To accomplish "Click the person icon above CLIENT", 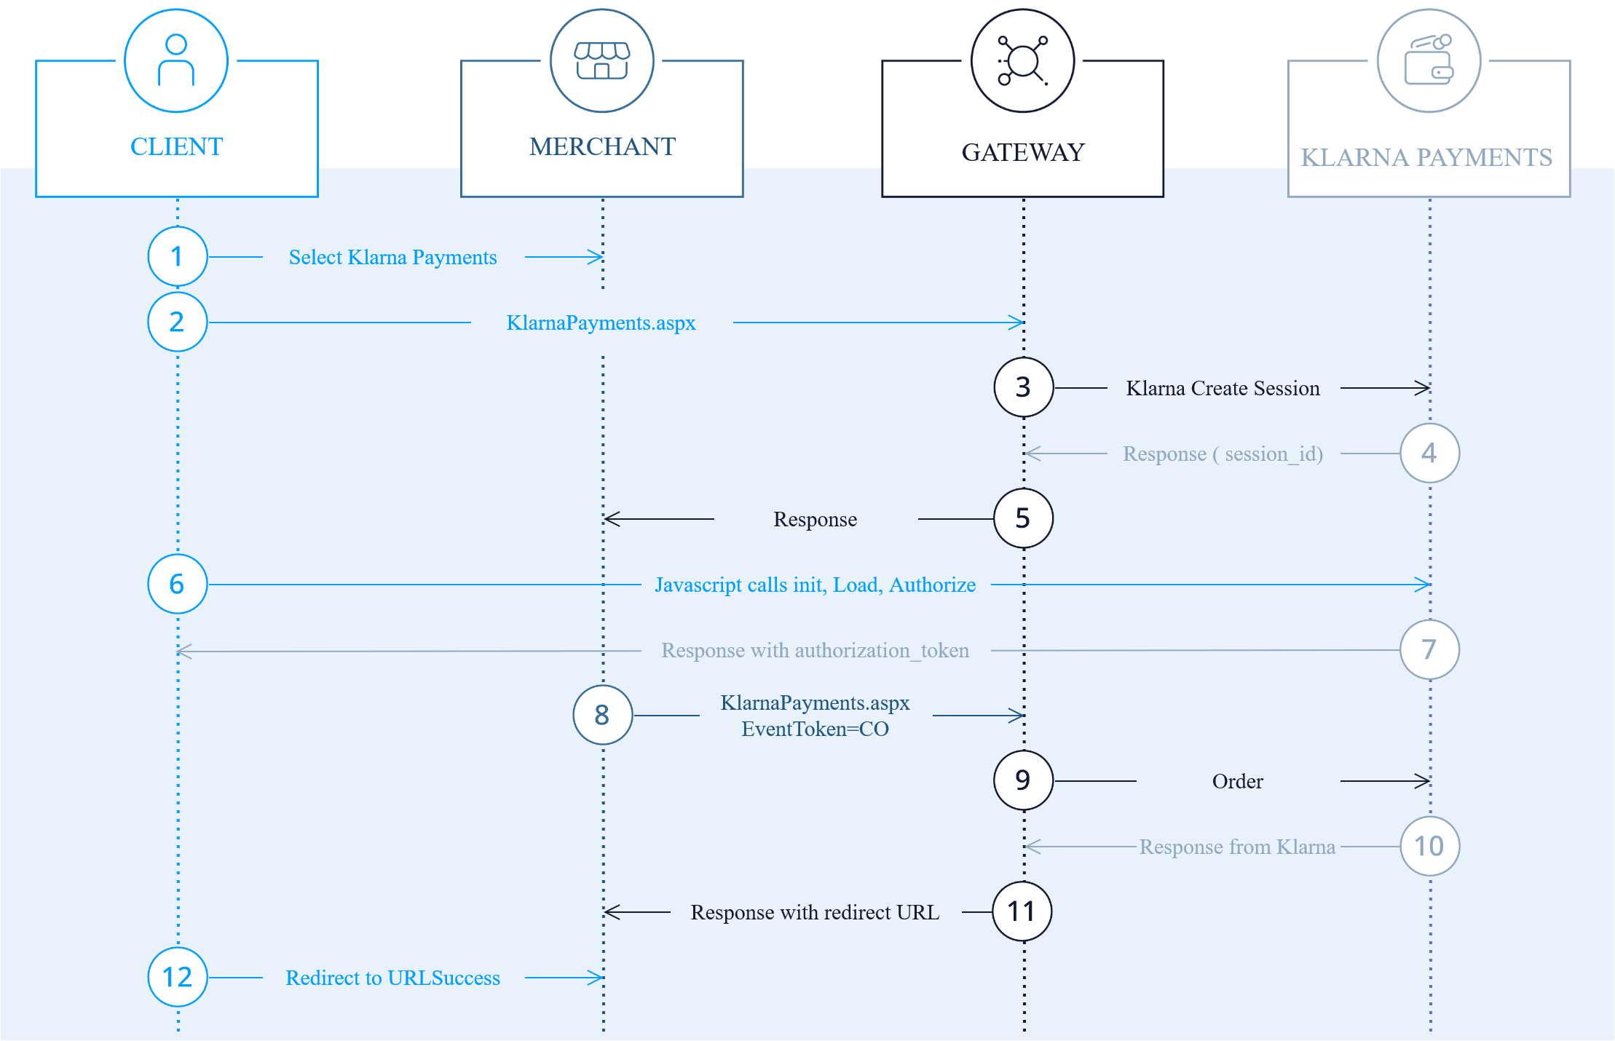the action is point(176,60).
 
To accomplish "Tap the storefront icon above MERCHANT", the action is point(602,60).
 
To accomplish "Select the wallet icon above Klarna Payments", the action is point(1429,60).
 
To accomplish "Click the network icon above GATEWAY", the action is point(1022,60).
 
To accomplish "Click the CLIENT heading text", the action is point(176,147).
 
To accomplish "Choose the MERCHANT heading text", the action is point(602,147).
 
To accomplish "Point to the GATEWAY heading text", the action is point(1023,153).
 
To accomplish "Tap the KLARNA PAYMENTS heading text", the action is point(1426,158).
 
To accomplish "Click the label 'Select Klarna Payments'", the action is point(392,258).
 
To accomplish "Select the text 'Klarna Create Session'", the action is point(1223,389).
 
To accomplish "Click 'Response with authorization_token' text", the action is point(815,651).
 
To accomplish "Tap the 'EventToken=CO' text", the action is point(815,729).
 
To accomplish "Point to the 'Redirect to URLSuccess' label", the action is point(392,978).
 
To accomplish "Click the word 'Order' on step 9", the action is point(1237,782).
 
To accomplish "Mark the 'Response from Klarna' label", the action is point(1237,847).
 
